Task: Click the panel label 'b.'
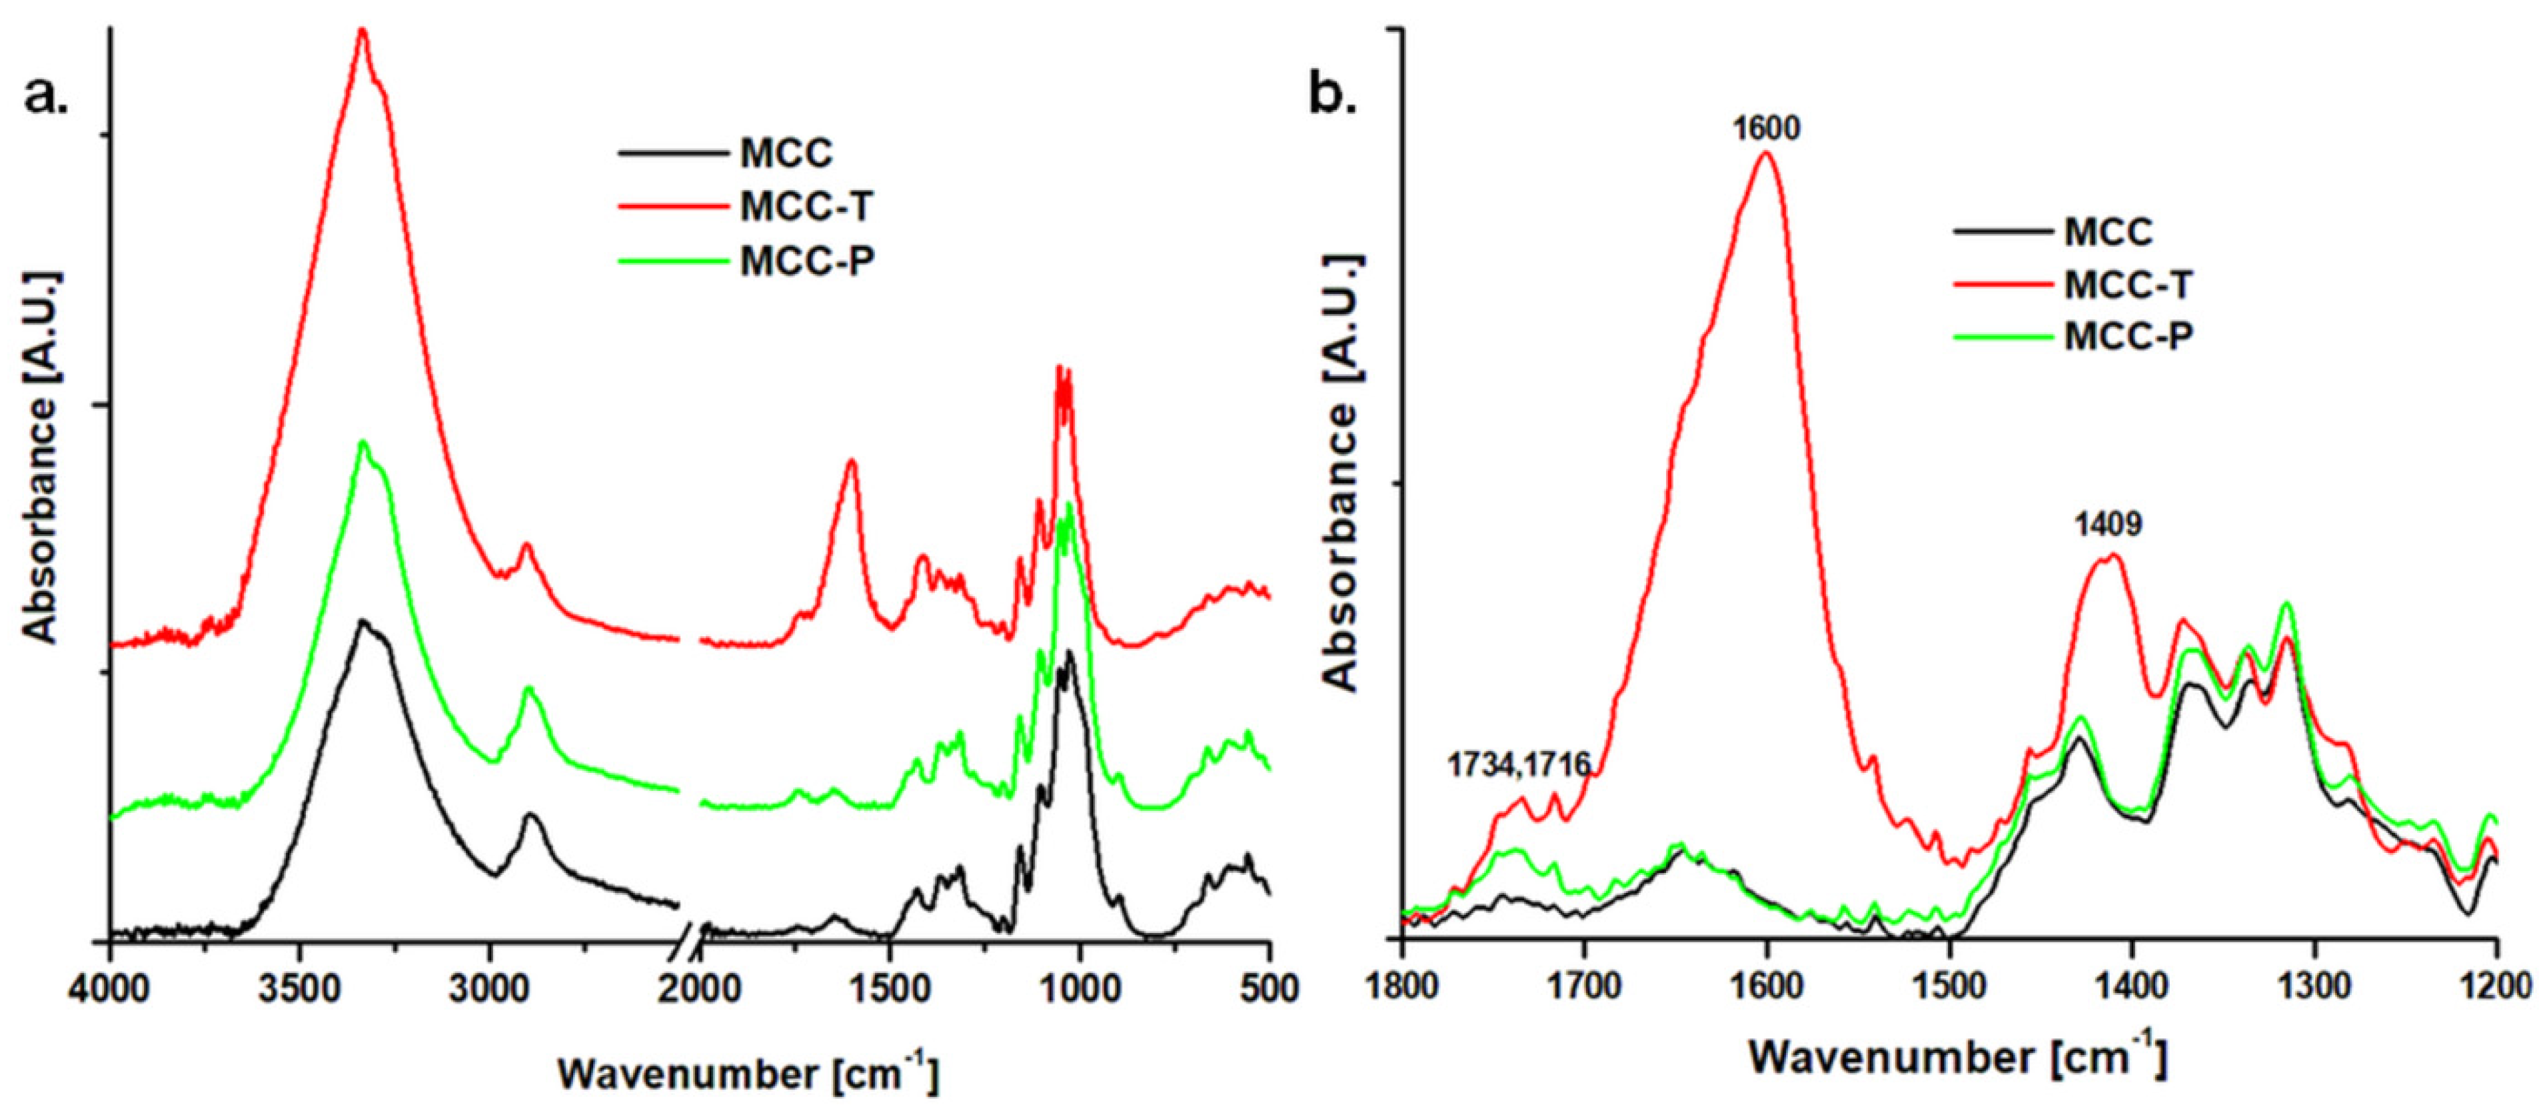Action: pyautogui.click(x=1333, y=96)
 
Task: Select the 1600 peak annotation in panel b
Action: pyautogui.click(x=1766, y=129)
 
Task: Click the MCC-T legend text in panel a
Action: pyautogui.click(x=806, y=207)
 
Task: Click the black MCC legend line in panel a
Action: pyautogui.click(x=671, y=153)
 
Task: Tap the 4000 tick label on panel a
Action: pyautogui.click(x=111, y=988)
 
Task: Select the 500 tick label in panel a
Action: pyautogui.click(x=1270, y=988)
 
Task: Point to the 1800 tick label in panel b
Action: pyautogui.click(x=1402, y=988)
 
